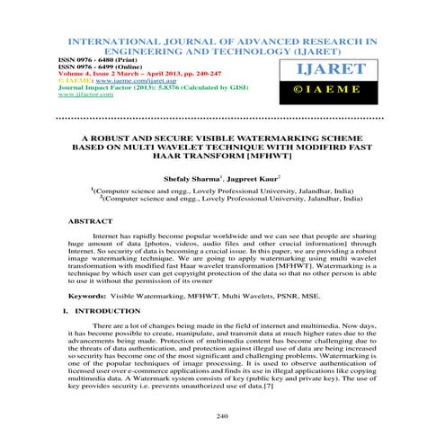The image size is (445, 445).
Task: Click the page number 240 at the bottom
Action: (222, 416)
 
